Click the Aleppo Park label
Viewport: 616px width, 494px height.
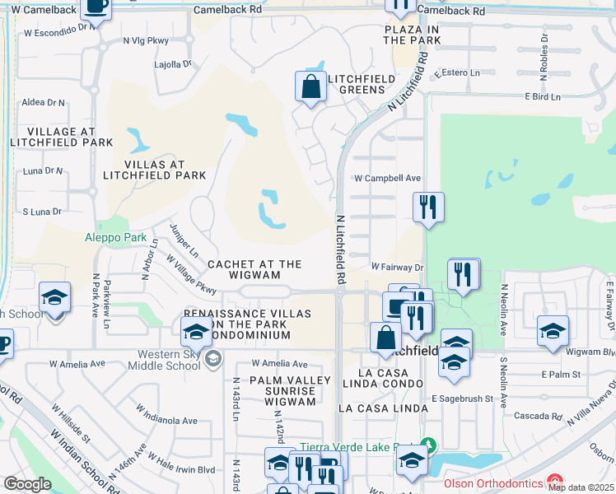[115, 238]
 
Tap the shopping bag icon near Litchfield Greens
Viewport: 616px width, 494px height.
[310, 87]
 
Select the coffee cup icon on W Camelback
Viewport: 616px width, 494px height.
[96, 7]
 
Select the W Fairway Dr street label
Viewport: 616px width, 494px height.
[397, 267]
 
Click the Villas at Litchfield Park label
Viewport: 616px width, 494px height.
[154, 170]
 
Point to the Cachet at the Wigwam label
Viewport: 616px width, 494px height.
[254, 269]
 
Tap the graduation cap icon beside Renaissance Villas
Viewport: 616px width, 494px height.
[197, 333]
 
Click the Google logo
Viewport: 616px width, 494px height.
[28, 484]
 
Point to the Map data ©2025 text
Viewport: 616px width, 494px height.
[580, 487]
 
